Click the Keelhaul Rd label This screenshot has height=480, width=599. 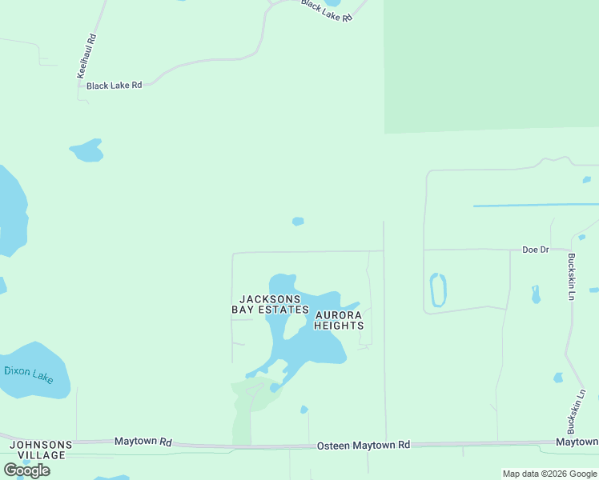(86, 55)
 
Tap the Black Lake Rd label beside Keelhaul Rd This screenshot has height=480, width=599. (114, 85)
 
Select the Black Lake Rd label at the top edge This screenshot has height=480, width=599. (327, 10)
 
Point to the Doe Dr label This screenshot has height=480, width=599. (535, 250)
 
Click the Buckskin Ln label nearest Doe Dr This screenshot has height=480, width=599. (571, 277)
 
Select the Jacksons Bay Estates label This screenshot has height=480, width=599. (270, 304)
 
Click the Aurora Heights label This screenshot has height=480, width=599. (339, 320)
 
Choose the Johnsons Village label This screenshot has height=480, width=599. (40, 450)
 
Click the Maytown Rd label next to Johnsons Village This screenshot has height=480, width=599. (143, 441)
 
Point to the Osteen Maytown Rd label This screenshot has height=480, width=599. (364, 445)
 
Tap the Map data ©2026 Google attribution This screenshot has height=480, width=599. (549, 474)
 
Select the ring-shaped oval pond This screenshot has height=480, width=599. (438, 290)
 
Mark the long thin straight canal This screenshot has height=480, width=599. (535, 206)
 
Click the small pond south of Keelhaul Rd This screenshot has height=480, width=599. (87, 150)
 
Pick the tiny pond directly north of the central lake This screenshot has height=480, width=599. (298, 221)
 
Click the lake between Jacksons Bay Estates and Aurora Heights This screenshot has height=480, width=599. (308, 340)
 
